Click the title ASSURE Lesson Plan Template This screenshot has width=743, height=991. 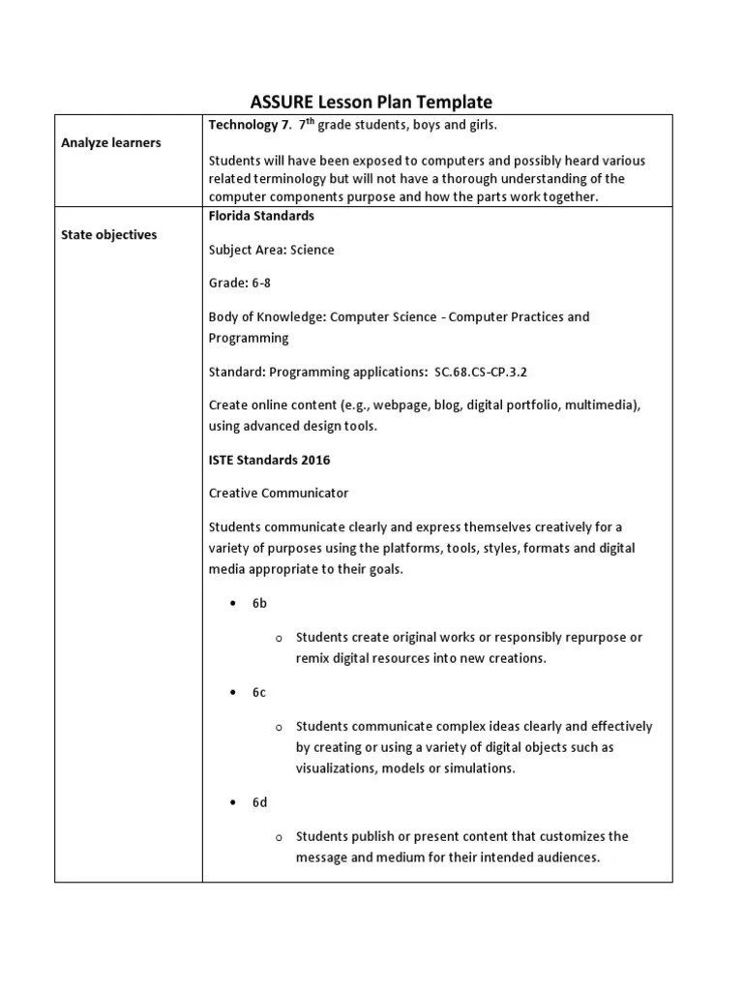(x=371, y=102)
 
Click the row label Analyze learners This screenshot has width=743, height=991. (x=111, y=142)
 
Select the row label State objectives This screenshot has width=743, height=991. (x=109, y=234)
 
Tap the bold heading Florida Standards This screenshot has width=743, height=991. (x=262, y=216)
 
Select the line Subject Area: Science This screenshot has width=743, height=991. (x=272, y=250)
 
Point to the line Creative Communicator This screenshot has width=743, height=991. (x=279, y=493)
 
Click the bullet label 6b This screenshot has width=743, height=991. (x=259, y=603)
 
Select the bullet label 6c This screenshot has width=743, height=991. (x=259, y=692)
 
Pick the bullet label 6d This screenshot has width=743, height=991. (x=259, y=802)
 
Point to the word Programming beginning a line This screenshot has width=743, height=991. (x=249, y=338)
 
